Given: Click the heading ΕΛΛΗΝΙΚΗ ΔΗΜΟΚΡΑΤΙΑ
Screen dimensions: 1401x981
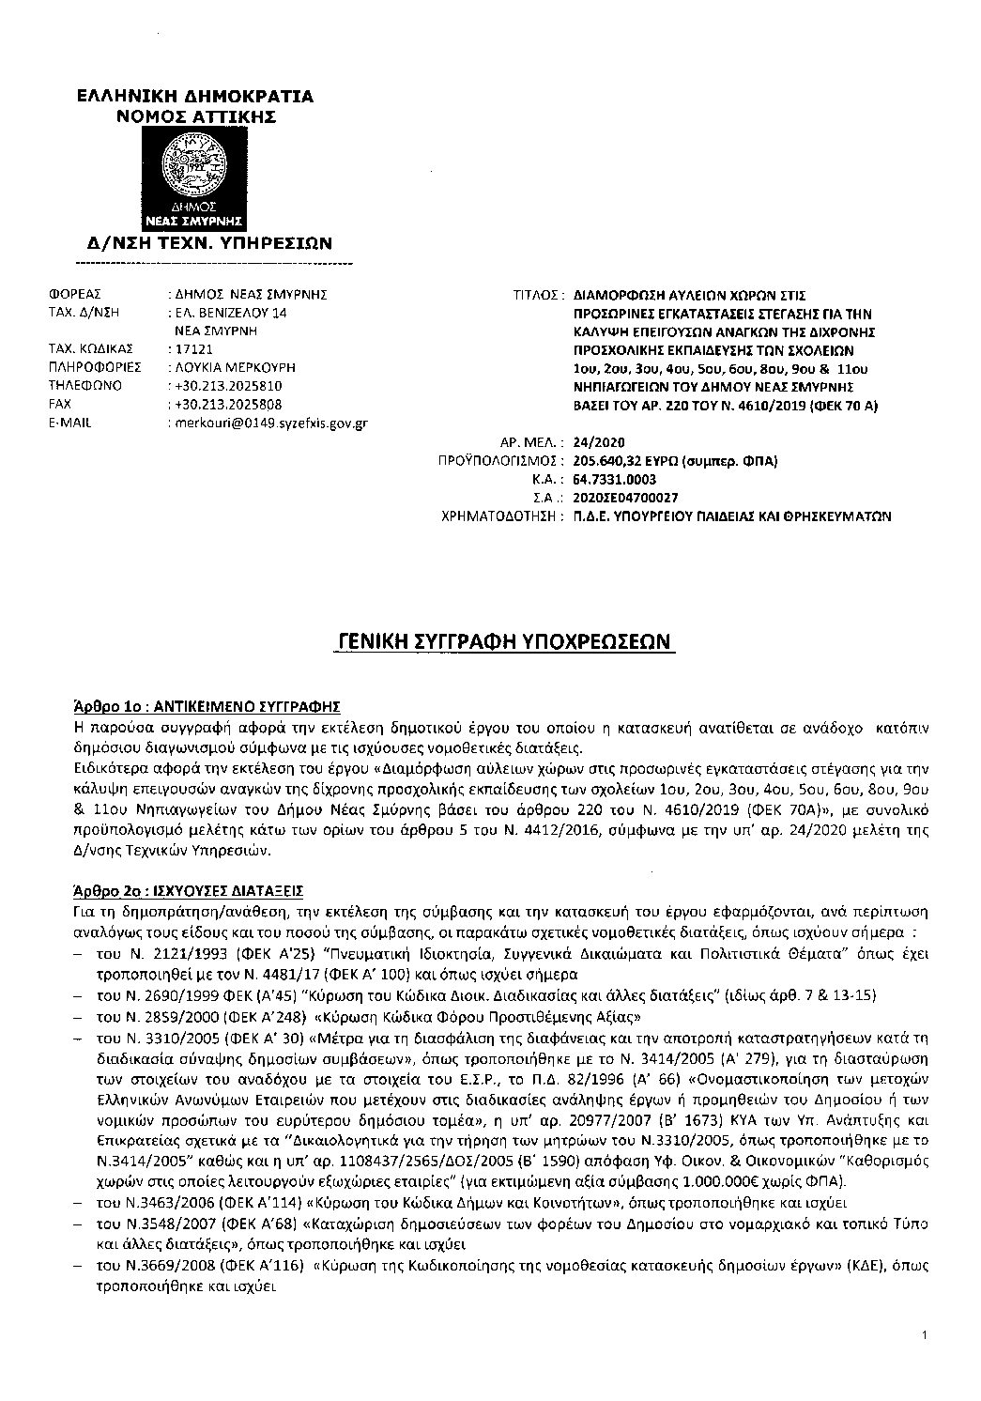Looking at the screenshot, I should click(195, 97).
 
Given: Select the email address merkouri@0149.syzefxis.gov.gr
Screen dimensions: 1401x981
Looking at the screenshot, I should click(267, 423).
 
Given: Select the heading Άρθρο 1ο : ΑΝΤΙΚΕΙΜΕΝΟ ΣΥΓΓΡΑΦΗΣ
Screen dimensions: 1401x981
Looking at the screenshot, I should click(207, 704).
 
